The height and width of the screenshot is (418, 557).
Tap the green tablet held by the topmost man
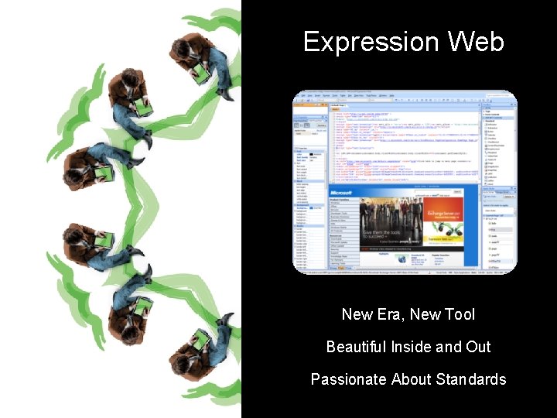coord(202,73)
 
